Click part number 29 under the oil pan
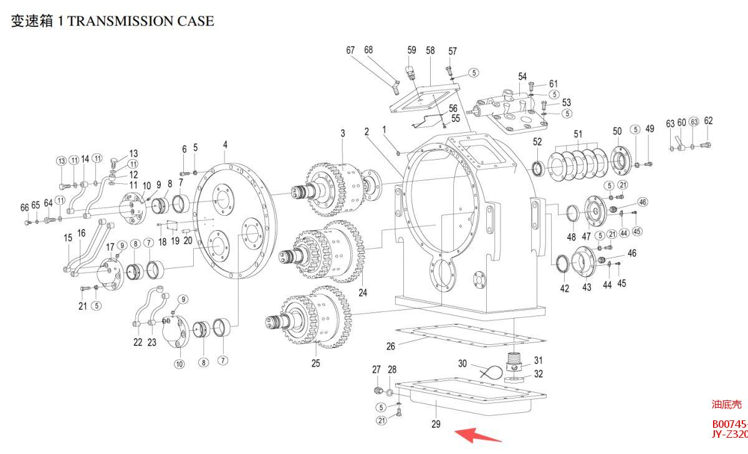click(x=436, y=425)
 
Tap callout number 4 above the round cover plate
click(x=225, y=145)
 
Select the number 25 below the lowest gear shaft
click(x=315, y=363)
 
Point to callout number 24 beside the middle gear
click(x=363, y=292)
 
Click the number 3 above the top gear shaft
click(x=342, y=133)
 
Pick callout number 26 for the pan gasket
click(x=391, y=346)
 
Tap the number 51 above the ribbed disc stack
click(x=578, y=134)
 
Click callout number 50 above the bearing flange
click(x=617, y=131)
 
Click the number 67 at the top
click(x=350, y=50)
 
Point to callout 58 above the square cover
click(x=430, y=51)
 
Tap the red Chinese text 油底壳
click(x=727, y=405)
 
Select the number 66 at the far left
click(x=24, y=207)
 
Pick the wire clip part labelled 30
click(x=490, y=373)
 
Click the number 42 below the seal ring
click(x=565, y=289)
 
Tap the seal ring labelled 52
click(x=538, y=167)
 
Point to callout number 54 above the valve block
click(x=522, y=77)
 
